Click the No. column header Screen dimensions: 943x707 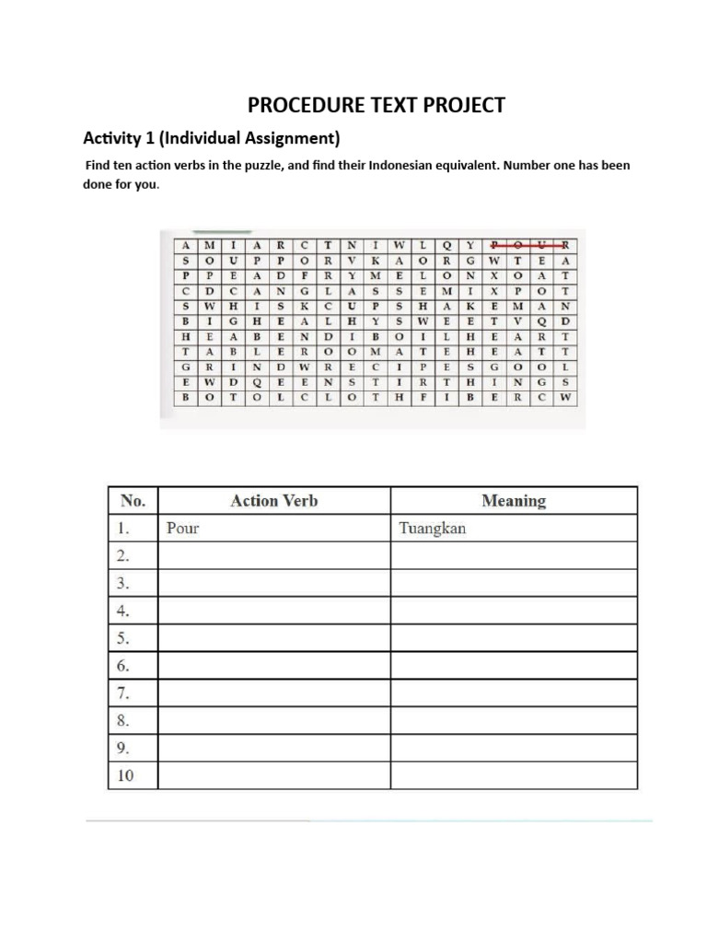tap(133, 501)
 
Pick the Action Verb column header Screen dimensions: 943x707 tap(274, 501)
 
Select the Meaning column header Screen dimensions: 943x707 tap(514, 501)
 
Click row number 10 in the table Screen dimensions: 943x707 tap(125, 775)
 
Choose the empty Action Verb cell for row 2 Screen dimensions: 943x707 tap(274, 555)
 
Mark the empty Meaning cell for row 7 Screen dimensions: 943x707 tap(514, 693)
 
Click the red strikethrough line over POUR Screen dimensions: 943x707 tap(531, 245)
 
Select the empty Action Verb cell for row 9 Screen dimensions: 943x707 tap(274, 748)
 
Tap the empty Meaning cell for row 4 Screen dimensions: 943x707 tap(514, 611)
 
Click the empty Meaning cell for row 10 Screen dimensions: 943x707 tap(514, 775)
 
